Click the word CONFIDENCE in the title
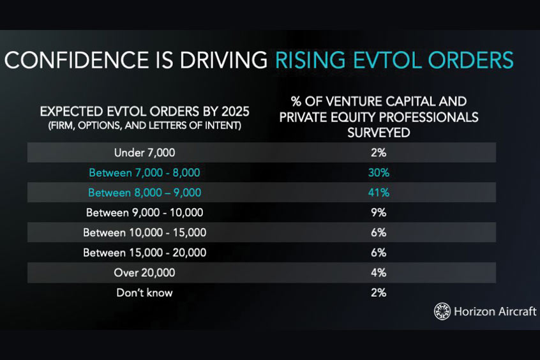[77, 60]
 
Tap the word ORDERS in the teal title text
[471, 60]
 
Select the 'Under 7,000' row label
[145, 153]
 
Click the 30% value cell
[379, 172]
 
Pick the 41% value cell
[379, 193]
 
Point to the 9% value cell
[379, 213]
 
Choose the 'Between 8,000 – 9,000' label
[145, 193]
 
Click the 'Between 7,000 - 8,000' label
[145, 172]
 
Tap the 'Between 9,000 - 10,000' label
[145, 213]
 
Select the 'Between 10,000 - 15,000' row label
[145, 232]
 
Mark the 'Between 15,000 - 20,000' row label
[145, 253]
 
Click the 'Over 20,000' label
[145, 273]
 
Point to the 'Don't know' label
[145, 292]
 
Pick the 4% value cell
[379, 273]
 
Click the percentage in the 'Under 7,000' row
[379, 153]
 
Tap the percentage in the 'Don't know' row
[379, 292]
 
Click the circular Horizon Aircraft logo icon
[442, 311]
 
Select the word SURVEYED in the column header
[379, 133]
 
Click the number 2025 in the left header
[236, 112]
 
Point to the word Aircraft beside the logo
[517, 311]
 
